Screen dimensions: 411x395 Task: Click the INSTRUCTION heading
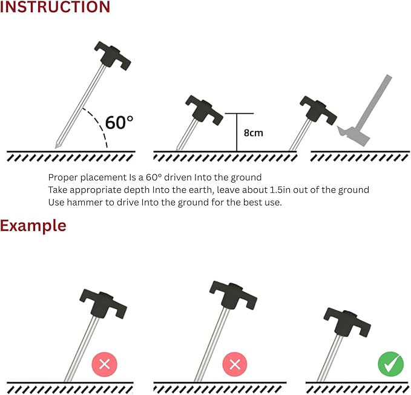(55, 7)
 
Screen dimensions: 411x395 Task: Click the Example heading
(33, 226)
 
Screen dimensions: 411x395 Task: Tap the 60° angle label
(119, 122)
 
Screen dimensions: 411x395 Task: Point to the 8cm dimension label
(253, 133)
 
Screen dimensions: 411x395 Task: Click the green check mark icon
(390, 364)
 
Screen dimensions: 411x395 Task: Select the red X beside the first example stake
(104, 364)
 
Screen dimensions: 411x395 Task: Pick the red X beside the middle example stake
(235, 364)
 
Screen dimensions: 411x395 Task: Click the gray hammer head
(353, 135)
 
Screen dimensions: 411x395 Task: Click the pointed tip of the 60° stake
(55, 148)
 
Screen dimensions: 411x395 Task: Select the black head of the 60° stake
(113, 56)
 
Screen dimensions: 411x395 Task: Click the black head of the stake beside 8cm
(204, 110)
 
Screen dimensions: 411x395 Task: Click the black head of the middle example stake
(233, 295)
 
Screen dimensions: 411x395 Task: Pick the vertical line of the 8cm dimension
(237, 132)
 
